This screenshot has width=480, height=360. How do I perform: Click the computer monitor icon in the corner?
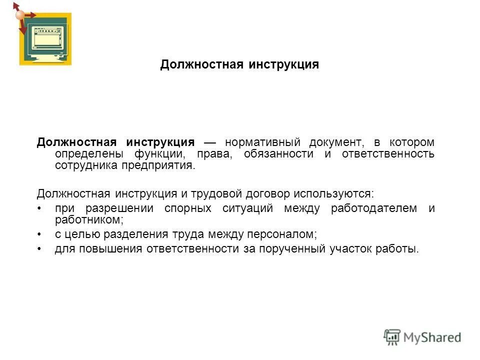tap(45, 39)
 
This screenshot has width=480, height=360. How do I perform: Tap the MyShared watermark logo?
tap(422, 337)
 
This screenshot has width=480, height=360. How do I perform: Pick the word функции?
tap(155, 154)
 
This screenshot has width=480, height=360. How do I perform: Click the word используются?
tap(333, 193)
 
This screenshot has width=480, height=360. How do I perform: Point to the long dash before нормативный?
tap(209, 142)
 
